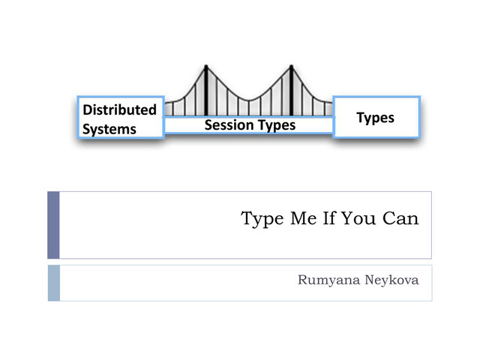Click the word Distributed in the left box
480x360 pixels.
pos(119,109)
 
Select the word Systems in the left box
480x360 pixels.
pos(109,129)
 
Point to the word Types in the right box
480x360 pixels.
pos(375,118)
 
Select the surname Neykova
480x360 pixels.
pos(390,282)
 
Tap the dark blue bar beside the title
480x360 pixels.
pos(53,225)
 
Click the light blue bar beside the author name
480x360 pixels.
pos(53,283)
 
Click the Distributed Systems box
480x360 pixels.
pos(121,118)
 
